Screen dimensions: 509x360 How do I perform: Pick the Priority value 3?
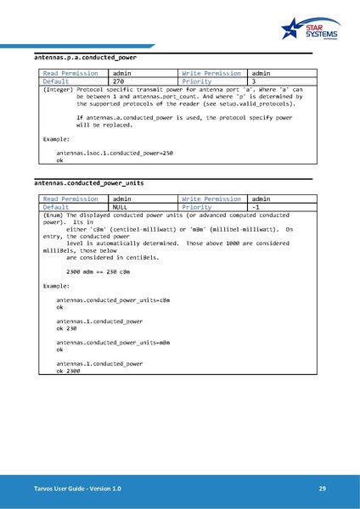click(256, 81)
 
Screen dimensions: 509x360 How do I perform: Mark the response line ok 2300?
click(68, 371)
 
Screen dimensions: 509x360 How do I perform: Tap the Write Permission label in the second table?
click(211, 198)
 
